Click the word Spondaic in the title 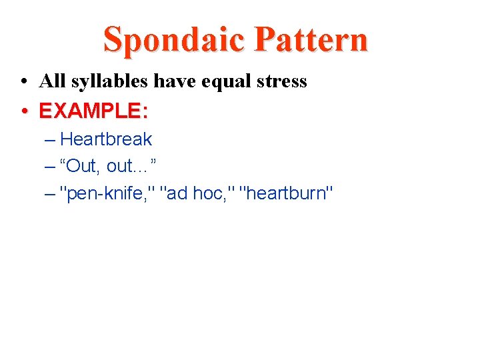click(175, 39)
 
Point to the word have click(172, 81)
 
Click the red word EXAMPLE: click(93, 111)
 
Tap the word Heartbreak click(106, 139)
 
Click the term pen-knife click(109, 194)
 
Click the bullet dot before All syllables click(24, 82)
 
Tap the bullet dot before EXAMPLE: click(24, 111)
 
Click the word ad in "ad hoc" click(179, 194)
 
